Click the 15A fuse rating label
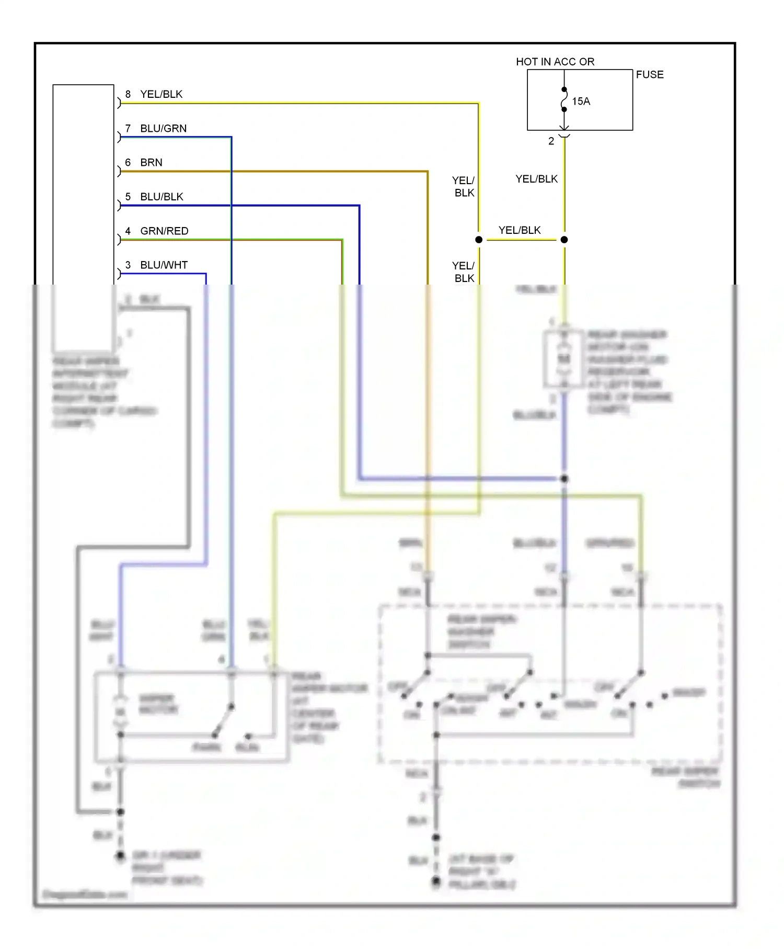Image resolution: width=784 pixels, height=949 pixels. [x=581, y=101]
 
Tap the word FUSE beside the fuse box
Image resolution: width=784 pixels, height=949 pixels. [x=650, y=75]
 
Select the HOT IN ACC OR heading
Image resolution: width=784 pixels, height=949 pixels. [x=555, y=62]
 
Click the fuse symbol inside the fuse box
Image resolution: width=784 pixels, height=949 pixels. [x=564, y=100]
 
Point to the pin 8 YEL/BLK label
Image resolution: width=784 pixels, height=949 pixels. [x=154, y=94]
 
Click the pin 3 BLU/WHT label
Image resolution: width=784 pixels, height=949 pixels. [x=156, y=265]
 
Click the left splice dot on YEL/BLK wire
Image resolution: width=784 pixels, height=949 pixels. [x=479, y=240]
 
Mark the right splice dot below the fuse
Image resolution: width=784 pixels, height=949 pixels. [x=564, y=240]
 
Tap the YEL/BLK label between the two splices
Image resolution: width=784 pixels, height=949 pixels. [x=520, y=231]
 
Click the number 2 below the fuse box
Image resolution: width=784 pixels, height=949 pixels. [x=551, y=141]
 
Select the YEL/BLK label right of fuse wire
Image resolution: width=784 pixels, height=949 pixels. [x=536, y=179]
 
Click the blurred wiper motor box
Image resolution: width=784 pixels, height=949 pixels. [x=191, y=716]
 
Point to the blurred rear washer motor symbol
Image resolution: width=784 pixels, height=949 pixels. [x=563, y=359]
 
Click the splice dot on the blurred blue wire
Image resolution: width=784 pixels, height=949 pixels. [x=564, y=479]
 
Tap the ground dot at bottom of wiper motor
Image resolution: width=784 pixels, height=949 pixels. [x=120, y=856]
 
